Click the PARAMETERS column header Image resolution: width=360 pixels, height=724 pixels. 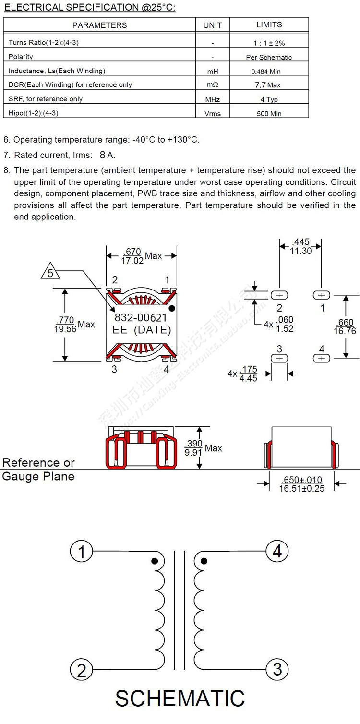[x=99, y=25]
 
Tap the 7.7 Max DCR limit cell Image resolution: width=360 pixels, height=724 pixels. [x=268, y=85]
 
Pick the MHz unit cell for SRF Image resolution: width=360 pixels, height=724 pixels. [x=212, y=99]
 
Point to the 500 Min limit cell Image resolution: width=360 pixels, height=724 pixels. [x=269, y=114]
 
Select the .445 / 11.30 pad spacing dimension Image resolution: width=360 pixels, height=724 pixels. [x=301, y=247]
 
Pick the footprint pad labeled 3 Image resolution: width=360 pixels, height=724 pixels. [x=280, y=358]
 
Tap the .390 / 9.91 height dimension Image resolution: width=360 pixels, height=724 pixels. [x=194, y=448]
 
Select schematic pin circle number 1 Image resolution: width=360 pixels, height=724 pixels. [x=82, y=552]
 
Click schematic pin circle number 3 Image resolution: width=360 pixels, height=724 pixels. [x=277, y=669]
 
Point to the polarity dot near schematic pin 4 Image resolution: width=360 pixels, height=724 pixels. [x=204, y=561]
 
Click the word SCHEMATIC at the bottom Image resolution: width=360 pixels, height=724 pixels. [x=180, y=699]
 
